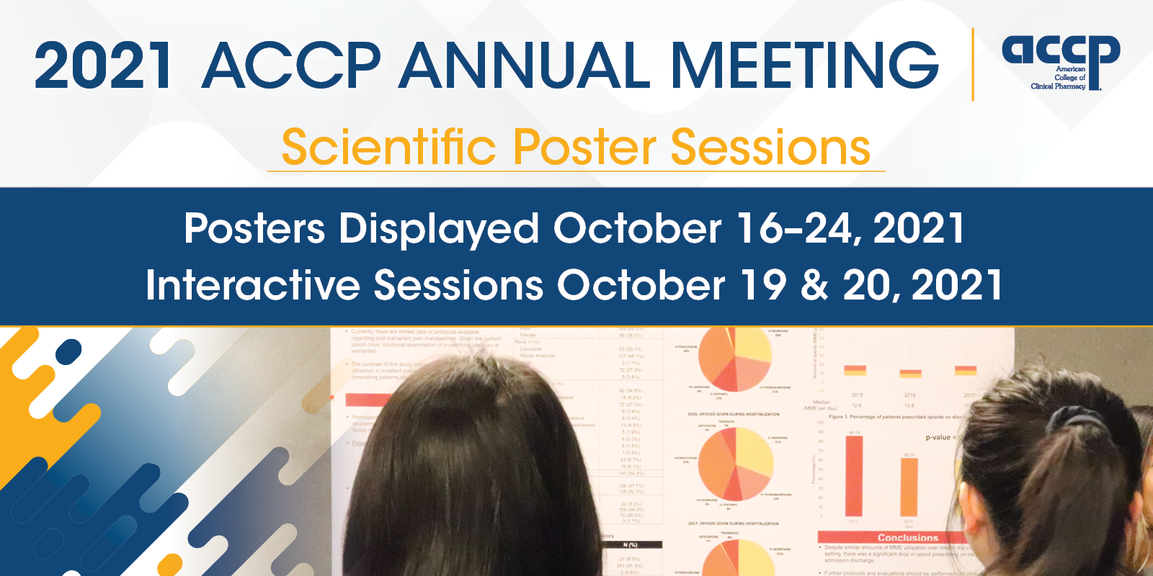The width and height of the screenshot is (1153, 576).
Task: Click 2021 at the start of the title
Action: (x=103, y=66)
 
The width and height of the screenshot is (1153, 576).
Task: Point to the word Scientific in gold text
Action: (x=388, y=147)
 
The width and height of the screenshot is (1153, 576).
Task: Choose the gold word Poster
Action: (x=584, y=147)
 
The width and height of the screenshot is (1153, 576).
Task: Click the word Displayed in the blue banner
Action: (x=439, y=229)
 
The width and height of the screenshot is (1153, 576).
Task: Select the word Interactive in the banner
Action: (x=252, y=285)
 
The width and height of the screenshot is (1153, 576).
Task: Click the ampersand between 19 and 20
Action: (x=814, y=285)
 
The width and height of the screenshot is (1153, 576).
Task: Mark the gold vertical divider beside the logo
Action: (x=973, y=64)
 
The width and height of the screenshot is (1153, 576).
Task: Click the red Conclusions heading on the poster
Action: (x=907, y=537)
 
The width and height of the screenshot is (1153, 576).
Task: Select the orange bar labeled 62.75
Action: (x=909, y=487)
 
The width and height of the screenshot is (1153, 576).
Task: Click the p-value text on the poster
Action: (x=940, y=437)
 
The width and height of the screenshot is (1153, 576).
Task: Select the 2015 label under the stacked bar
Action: (x=857, y=395)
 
